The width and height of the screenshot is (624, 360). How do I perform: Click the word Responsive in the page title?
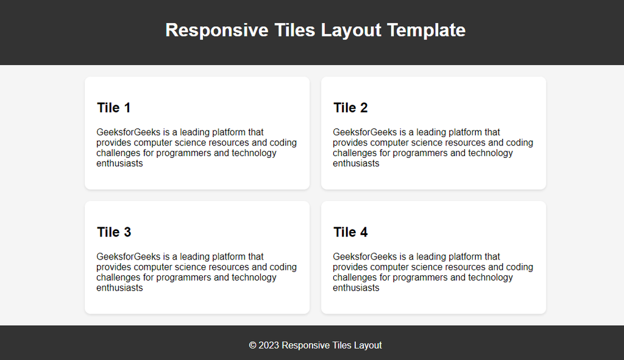coord(217,30)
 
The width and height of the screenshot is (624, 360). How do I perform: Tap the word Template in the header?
coord(426,30)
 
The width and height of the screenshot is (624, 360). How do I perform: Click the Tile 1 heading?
coord(114,108)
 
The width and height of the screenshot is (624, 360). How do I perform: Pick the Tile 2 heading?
coord(350,108)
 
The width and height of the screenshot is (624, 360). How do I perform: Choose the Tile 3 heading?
coord(114,232)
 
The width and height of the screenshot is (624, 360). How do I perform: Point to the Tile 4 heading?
coord(350,232)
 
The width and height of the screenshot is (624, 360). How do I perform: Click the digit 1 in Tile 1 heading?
coord(127,108)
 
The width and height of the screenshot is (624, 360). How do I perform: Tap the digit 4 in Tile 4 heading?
coord(364,232)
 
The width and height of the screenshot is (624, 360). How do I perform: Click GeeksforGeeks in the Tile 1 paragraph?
coord(128,132)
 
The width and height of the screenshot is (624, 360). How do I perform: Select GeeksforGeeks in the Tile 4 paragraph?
coord(365,256)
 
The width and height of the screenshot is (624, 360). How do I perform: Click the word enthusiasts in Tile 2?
coord(356,163)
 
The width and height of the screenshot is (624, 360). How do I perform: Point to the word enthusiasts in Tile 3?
coord(119,288)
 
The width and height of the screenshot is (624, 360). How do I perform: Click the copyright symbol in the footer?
coord(253,345)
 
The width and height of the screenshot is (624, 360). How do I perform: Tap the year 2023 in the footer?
coord(269,345)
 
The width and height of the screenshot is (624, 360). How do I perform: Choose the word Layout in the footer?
coord(368,345)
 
